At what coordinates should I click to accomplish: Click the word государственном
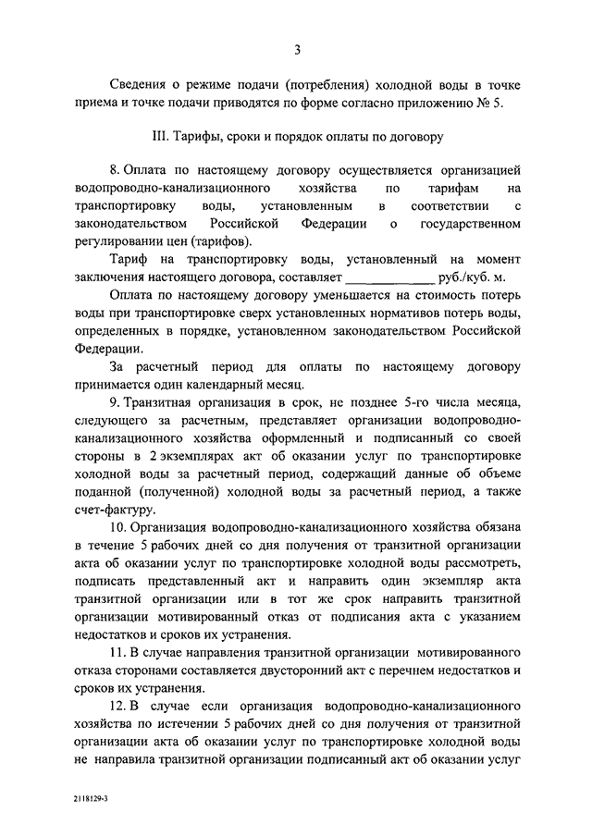click(472, 224)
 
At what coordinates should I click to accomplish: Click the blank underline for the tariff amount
click(388, 277)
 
